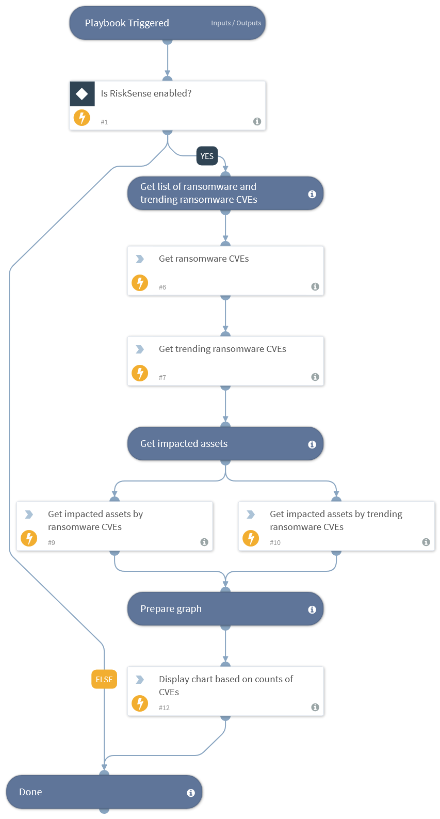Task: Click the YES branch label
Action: click(207, 156)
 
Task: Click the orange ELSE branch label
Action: click(104, 679)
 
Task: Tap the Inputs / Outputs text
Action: click(236, 23)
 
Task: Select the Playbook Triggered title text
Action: click(127, 23)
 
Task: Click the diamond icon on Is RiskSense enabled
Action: click(82, 94)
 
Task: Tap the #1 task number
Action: click(104, 122)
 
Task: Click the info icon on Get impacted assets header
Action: click(312, 444)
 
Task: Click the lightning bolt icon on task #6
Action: click(140, 283)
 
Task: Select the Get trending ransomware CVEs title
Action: click(222, 349)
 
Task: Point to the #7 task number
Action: click(162, 378)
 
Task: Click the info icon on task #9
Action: click(204, 542)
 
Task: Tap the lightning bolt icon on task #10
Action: click(251, 538)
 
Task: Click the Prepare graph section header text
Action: click(171, 609)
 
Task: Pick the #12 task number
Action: click(164, 708)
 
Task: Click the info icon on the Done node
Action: click(191, 793)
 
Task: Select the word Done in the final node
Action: click(30, 792)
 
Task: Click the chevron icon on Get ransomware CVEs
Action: click(140, 259)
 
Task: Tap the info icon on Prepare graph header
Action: click(312, 609)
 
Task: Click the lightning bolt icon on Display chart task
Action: click(140, 703)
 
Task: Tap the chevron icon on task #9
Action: click(29, 515)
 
